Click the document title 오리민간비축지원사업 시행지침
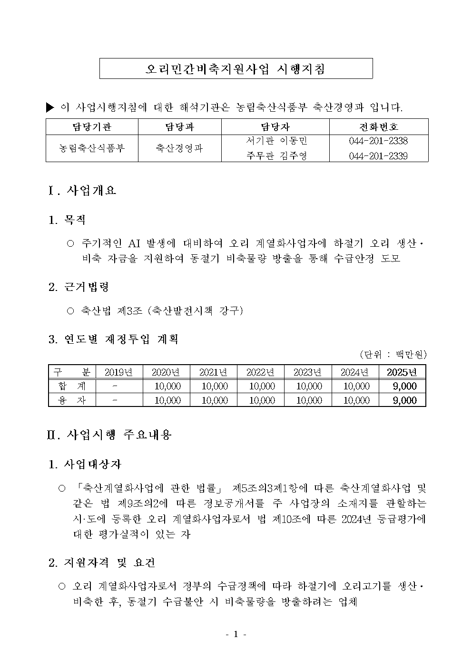tap(236, 69)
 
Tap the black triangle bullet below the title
tap(50, 107)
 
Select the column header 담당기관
tap(92, 127)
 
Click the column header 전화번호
tap(379, 127)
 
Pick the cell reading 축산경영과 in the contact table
tap(179, 148)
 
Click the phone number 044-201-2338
tap(378, 141)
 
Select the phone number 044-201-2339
tap(378, 156)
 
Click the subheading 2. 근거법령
tap(79, 287)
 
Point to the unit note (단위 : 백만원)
tap(393, 355)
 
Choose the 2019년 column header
tap(119, 372)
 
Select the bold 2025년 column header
tap(402, 372)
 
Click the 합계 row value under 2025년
tap(404, 386)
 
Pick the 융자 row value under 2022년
tap(262, 400)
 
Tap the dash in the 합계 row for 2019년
tap(115, 386)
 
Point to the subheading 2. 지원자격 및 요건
tap(102, 563)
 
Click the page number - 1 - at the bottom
tap(235, 634)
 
